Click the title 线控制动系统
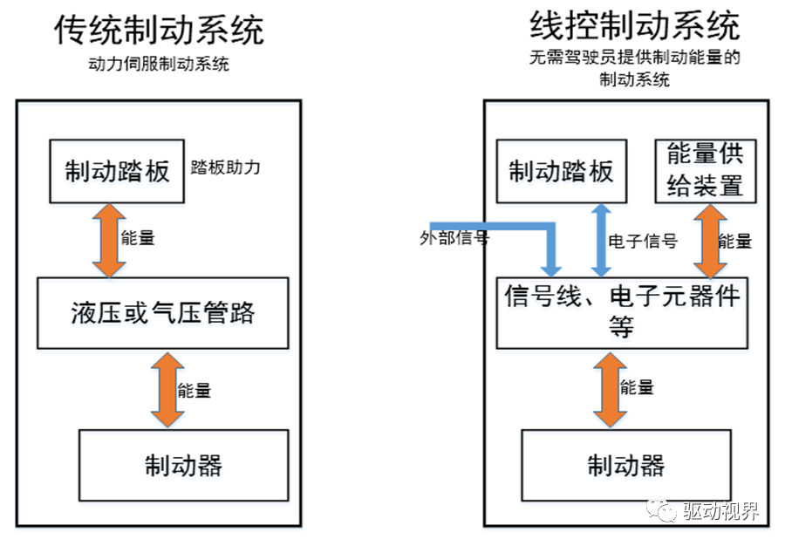point(634,26)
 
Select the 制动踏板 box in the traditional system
point(117,171)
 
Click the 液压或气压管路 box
point(162,312)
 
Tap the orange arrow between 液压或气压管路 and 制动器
point(163,388)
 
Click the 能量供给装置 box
point(705,171)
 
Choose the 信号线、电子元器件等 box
point(622,312)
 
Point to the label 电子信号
point(642,241)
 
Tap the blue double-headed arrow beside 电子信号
point(600,241)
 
